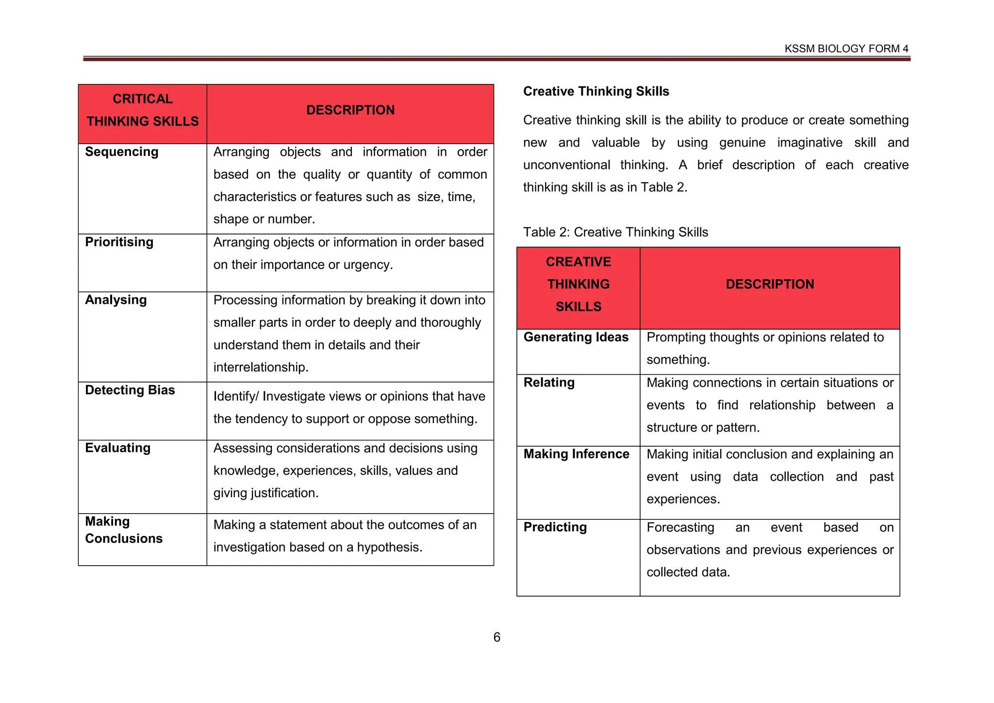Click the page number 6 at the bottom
[497, 637]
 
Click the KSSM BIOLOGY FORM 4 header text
[846, 49]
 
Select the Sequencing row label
[121, 152]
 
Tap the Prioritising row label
[119, 242]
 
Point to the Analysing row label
[116, 300]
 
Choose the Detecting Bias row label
[130, 390]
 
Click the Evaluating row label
[117, 448]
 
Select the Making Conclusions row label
[123, 530]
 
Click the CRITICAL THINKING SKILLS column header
[143, 110]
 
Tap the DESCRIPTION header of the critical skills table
[350, 110]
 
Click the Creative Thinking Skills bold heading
[596, 91]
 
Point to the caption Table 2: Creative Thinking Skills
[615, 232]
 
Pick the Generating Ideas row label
[576, 337]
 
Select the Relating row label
[548, 383]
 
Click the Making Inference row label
[576, 454]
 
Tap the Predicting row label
[555, 527]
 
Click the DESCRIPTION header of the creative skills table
[769, 285]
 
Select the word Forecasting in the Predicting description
[680, 528]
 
